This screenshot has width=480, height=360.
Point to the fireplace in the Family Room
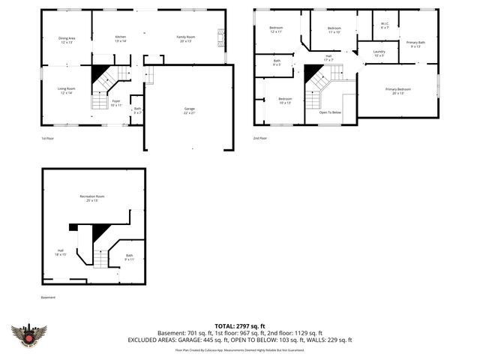220,36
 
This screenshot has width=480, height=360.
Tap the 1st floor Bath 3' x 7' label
137,110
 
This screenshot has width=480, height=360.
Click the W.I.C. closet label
385,24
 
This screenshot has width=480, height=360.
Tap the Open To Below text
330,112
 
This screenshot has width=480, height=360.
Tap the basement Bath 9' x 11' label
129,256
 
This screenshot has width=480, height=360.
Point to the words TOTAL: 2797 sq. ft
239,325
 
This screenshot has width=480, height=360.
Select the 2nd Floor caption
259,138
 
